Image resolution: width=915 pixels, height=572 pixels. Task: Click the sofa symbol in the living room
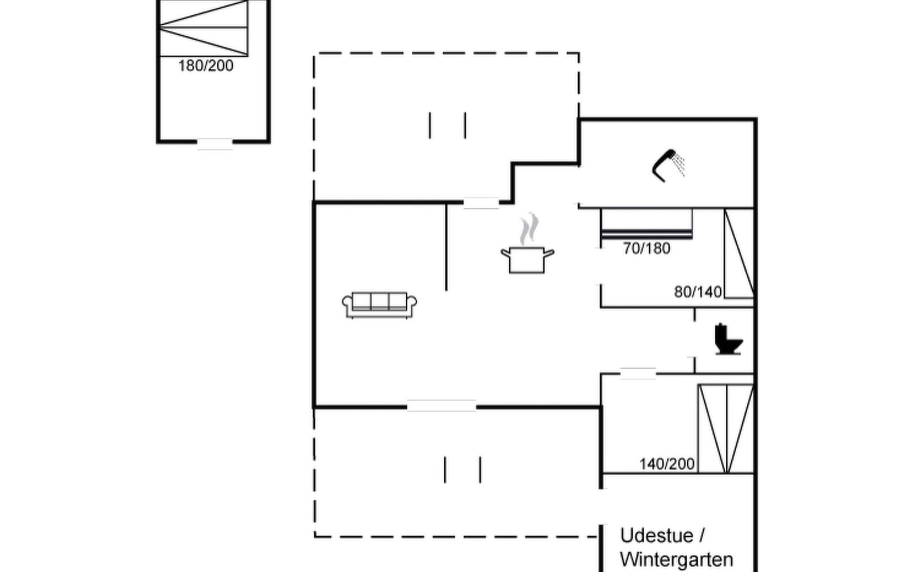point(379,305)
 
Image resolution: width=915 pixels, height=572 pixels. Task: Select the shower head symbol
point(668,165)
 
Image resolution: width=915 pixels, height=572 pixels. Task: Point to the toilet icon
point(728,339)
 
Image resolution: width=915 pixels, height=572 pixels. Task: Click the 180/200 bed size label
point(206,66)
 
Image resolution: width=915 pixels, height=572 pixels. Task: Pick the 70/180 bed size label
point(647,248)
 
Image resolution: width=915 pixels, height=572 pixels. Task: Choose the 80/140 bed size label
point(698,292)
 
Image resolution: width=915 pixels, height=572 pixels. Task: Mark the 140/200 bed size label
point(667,464)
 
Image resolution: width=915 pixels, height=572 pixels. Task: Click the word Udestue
point(657,536)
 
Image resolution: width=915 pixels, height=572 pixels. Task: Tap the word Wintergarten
point(677,560)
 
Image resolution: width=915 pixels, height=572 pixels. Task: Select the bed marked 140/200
point(726,429)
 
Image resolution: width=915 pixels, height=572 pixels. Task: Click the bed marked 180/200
point(203,28)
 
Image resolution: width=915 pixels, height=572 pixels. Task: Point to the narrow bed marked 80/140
point(739,254)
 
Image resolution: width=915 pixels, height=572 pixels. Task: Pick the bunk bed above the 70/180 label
point(647,224)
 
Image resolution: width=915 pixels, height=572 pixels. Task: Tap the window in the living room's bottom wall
point(441,406)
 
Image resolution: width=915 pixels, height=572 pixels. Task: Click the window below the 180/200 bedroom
point(215,143)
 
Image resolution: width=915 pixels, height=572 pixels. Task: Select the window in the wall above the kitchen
point(481,203)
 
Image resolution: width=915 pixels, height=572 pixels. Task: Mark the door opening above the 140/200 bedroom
point(638,374)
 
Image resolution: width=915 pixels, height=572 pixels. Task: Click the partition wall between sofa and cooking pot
point(446,247)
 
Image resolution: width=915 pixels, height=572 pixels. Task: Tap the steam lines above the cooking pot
point(529,229)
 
